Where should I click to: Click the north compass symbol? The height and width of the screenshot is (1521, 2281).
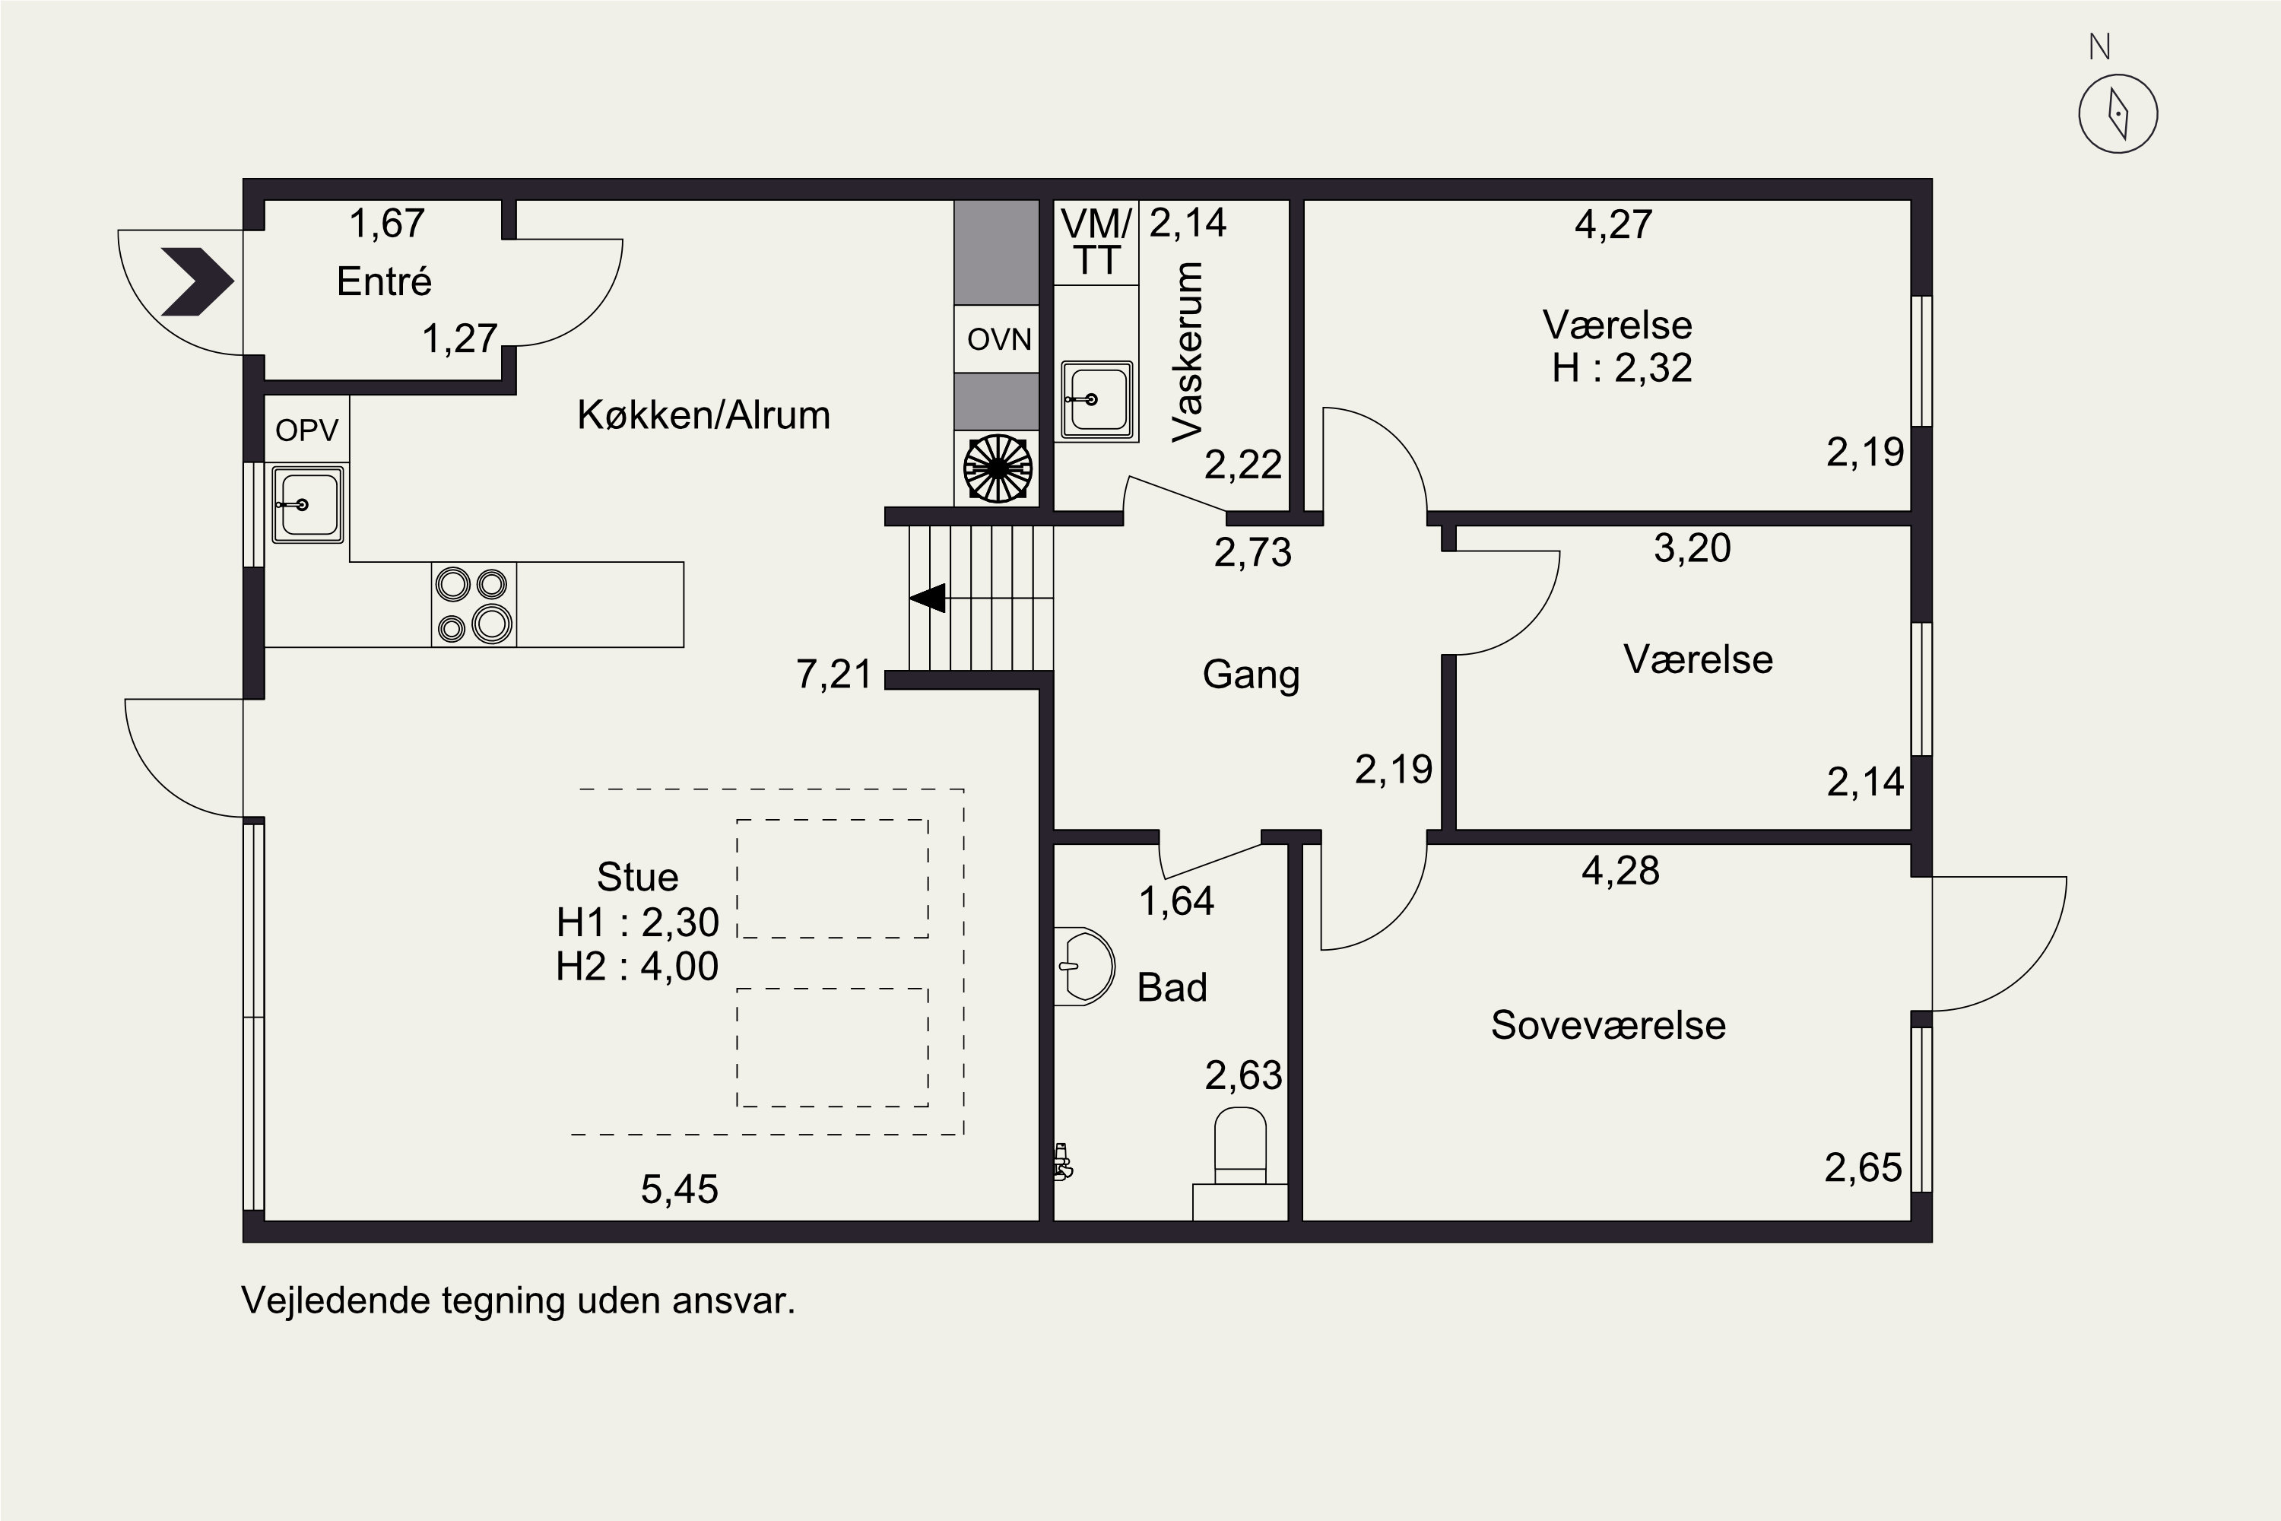(2118, 113)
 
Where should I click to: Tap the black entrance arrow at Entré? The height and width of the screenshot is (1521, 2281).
(198, 282)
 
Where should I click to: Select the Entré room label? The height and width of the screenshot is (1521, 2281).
(384, 281)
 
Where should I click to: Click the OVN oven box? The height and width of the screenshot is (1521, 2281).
(997, 339)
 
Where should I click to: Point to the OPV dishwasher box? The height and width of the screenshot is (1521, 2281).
(306, 430)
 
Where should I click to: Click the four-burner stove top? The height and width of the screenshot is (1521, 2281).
(473, 605)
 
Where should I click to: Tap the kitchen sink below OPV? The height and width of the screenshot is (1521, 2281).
(307, 504)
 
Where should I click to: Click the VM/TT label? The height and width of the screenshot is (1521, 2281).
(1096, 243)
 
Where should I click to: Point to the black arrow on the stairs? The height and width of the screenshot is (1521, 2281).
(928, 599)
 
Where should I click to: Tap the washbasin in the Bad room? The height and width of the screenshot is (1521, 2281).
(1084, 966)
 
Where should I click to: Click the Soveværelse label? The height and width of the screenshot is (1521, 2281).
(1608, 1025)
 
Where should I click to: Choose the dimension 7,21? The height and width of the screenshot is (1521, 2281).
(834, 674)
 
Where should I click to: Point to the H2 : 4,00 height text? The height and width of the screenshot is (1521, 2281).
(637, 966)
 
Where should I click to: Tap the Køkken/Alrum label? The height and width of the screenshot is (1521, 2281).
(703, 415)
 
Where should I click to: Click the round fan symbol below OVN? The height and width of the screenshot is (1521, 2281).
(997, 469)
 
